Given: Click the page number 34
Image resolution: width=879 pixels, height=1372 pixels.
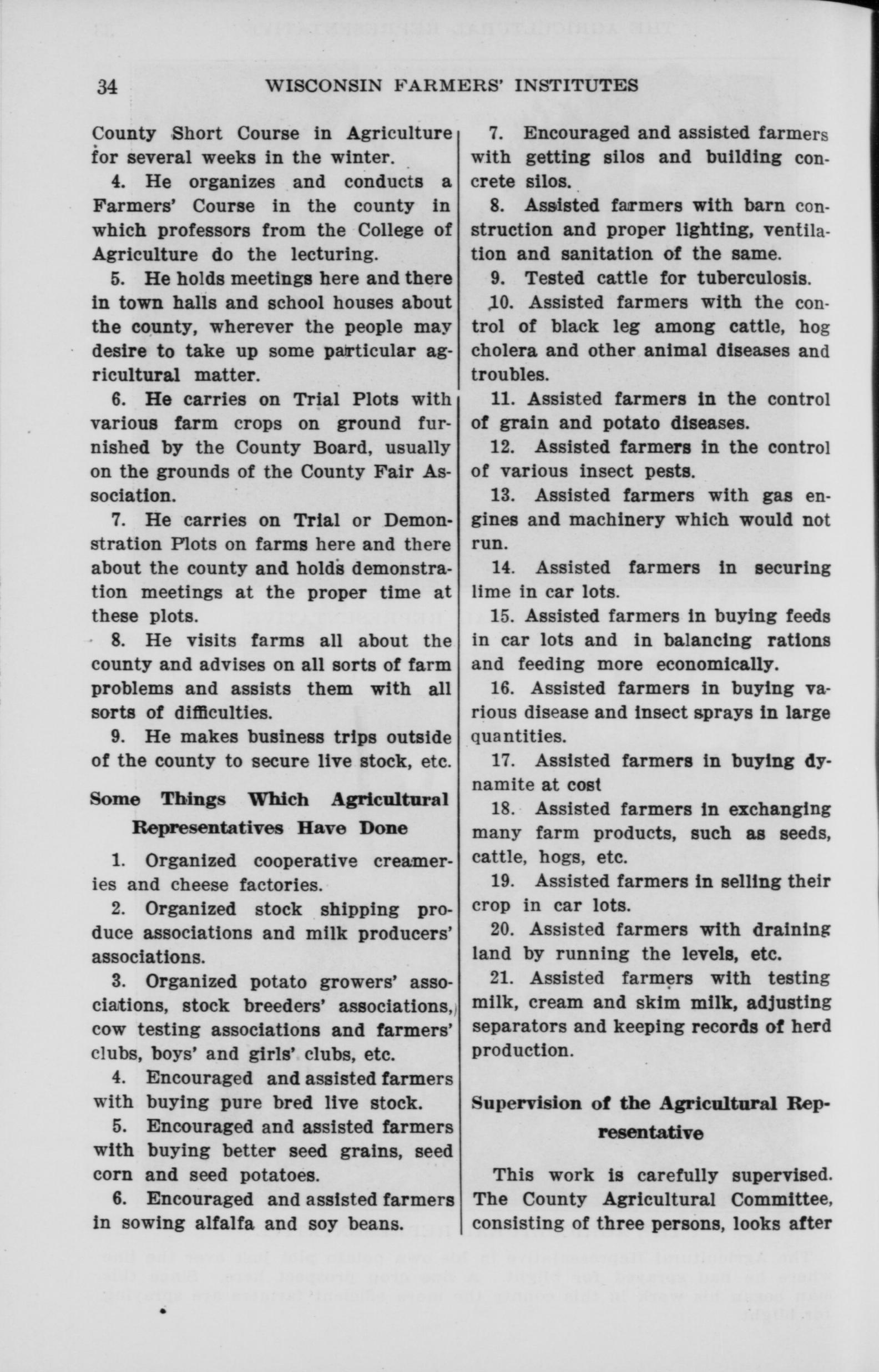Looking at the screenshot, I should (107, 86).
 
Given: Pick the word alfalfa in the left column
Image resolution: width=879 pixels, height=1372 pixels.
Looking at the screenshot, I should (218, 1224).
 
